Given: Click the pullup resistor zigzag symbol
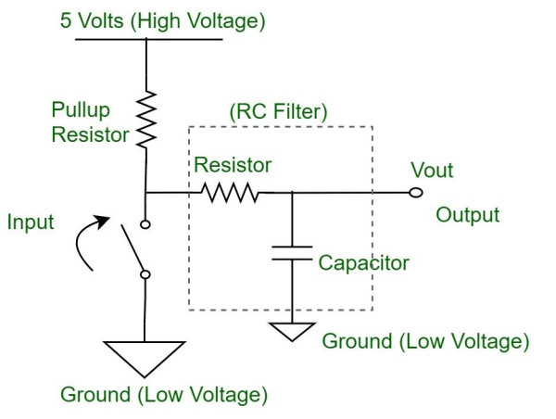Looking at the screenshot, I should (x=145, y=119).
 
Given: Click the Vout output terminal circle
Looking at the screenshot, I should (x=416, y=193).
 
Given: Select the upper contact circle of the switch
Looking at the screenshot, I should (x=145, y=223).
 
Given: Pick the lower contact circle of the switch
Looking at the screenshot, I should (x=145, y=273).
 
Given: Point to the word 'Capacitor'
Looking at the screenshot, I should (x=363, y=262).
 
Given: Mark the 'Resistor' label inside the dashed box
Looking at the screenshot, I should (x=233, y=166).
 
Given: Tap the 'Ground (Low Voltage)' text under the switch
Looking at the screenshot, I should (x=164, y=397).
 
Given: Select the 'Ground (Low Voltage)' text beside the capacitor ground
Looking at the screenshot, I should (x=425, y=340).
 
